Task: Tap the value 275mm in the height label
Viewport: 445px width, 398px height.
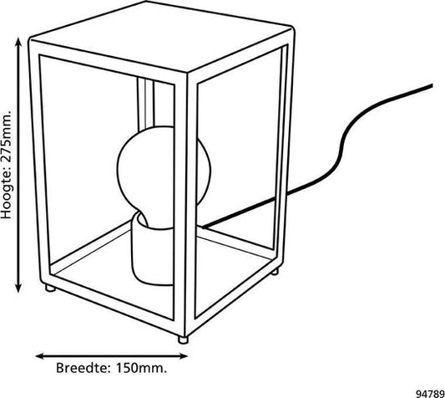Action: click(x=6, y=136)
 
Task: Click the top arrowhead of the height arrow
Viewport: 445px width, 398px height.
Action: click(x=18, y=42)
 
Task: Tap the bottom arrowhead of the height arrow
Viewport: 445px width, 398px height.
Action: click(x=18, y=287)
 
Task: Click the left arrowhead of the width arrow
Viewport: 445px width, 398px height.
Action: click(x=41, y=355)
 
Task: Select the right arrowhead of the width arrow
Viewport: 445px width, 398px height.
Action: click(x=182, y=355)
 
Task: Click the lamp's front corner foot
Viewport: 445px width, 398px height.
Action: click(x=183, y=340)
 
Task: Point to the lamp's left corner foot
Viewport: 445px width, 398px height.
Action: click(x=50, y=288)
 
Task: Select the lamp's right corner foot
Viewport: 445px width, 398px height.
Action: click(x=275, y=272)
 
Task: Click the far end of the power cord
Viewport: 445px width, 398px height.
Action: click(x=432, y=85)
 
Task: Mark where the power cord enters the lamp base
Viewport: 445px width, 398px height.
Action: click(x=202, y=227)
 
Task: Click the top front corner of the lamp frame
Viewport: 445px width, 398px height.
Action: click(x=187, y=73)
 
